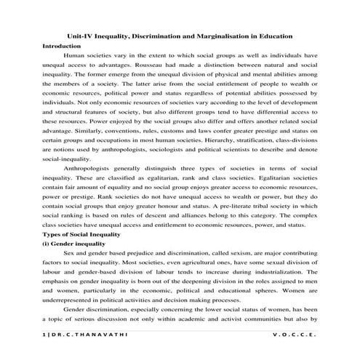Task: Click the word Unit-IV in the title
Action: coord(79,36)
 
